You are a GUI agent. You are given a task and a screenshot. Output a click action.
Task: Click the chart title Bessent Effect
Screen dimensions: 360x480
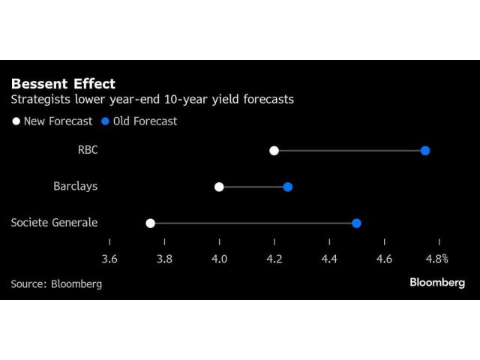63,83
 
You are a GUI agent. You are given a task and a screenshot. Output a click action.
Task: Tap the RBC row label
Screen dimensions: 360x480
88,151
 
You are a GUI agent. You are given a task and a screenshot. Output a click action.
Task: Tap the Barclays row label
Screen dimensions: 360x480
75,187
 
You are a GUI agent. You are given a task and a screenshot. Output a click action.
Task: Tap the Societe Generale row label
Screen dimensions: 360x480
54,223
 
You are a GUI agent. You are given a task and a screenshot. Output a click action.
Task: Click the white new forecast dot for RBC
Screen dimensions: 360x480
274,151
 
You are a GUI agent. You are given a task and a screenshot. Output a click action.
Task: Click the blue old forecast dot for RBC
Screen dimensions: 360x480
425,151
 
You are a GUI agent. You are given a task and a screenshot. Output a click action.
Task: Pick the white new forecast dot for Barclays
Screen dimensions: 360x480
219,187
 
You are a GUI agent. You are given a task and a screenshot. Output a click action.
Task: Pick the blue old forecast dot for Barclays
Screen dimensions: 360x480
287,187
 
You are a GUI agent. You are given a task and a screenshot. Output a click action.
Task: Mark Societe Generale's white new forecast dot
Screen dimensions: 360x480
150,223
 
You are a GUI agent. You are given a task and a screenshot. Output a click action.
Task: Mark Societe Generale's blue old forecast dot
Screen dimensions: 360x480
356,223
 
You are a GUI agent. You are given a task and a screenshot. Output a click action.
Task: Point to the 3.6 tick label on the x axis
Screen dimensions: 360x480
109,259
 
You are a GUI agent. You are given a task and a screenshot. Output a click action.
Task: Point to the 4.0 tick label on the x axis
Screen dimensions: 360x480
219,259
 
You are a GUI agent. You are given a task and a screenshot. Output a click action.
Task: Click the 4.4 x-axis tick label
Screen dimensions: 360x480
329,259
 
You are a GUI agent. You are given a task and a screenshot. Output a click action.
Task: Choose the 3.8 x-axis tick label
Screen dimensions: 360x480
164,259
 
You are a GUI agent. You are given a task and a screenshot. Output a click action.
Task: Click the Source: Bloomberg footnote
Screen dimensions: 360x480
56,284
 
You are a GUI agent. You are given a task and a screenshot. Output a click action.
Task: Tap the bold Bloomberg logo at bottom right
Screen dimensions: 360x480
437,283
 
